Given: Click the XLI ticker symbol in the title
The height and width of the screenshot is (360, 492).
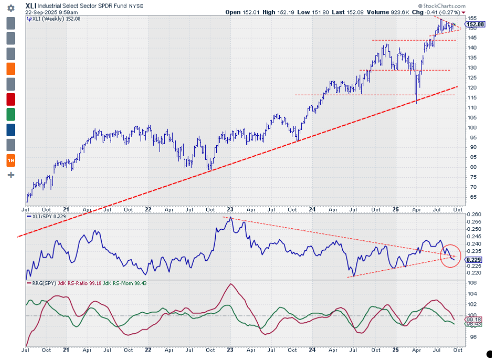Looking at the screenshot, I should tap(31, 6).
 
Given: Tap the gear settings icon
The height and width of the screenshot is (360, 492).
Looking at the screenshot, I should tap(11, 9).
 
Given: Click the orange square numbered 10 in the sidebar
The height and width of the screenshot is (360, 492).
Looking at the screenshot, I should tap(11, 160).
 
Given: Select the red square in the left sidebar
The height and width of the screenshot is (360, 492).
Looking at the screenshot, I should tap(11, 99).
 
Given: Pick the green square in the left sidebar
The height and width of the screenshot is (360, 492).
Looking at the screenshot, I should tap(11, 115).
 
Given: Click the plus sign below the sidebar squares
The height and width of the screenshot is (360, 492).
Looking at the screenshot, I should tap(11, 175).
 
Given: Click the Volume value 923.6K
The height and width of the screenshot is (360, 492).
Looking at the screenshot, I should tap(391, 12).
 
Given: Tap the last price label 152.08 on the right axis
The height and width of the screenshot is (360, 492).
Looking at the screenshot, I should tap(474, 24).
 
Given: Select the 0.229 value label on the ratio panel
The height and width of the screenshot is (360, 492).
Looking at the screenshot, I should tap(473, 260).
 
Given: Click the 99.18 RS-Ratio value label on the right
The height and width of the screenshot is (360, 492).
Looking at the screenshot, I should tap(473, 319).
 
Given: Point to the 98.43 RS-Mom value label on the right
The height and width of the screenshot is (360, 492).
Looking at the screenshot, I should tap(473, 324).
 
